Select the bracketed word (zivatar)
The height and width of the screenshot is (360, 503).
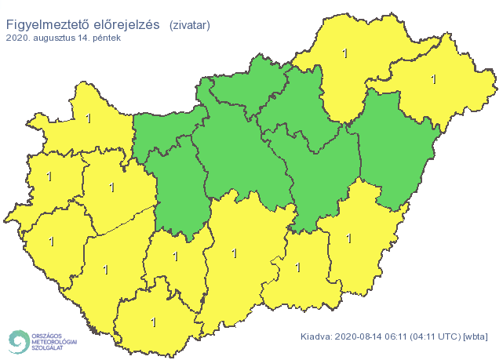pyautogui.click(x=189, y=26)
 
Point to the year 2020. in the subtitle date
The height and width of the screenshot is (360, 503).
pyautogui.click(x=17, y=38)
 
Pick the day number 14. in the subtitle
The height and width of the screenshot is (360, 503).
pyautogui.click(x=88, y=38)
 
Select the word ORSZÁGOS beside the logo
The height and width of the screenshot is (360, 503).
pyautogui.click(x=48, y=332)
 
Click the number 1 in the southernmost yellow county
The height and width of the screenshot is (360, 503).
pyautogui.click(x=153, y=322)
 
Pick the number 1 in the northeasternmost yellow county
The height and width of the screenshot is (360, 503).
pyautogui.click(x=434, y=79)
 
